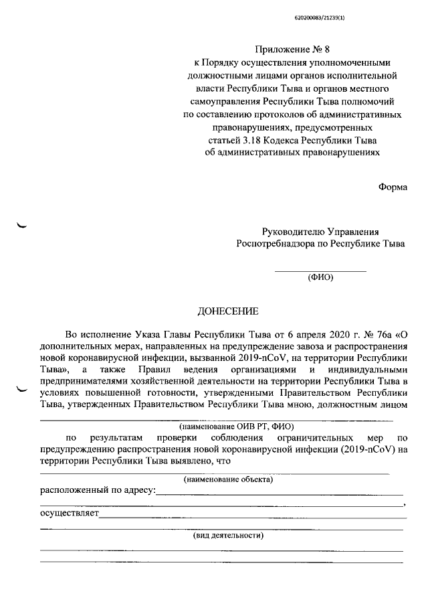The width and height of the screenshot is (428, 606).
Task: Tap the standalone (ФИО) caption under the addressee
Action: click(320, 277)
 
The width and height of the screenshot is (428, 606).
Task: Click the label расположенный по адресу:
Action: click(98, 491)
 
